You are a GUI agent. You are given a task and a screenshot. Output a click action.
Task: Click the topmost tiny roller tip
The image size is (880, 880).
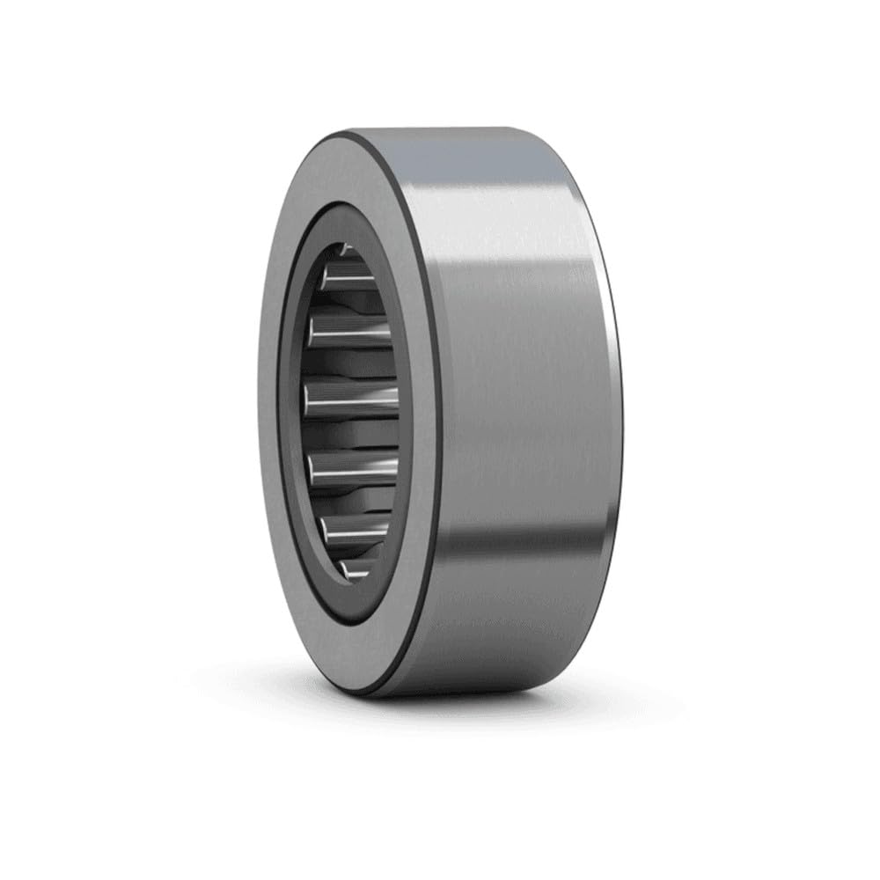pos(345,250)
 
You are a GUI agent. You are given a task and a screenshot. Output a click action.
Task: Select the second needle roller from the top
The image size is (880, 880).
pos(348,281)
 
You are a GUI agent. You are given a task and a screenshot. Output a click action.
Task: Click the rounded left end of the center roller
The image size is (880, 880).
pos(309,400)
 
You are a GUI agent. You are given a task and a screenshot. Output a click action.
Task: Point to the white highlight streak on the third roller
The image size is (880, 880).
pos(352,335)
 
